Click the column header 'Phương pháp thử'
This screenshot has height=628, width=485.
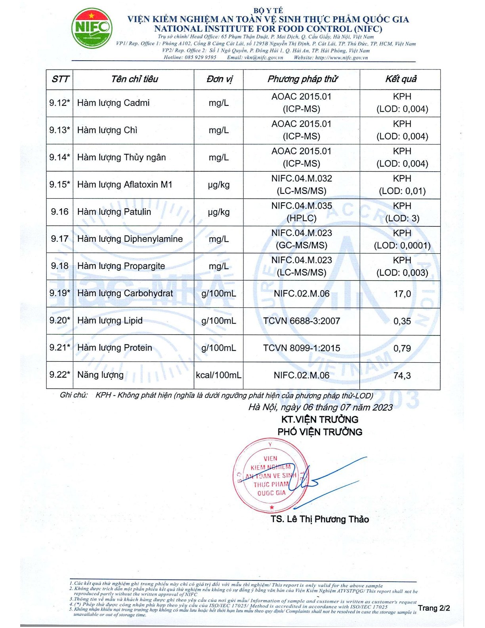coord(302,79)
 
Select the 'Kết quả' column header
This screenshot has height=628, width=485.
coord(401,79)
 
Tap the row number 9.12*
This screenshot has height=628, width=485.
coord(59,103)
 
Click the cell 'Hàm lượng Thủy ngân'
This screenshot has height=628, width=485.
coord(121,157)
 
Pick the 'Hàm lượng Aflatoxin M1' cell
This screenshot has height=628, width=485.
coord(124,185)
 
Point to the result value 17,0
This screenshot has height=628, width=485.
coord(402,294)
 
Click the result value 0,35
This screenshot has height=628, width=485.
coord(402,321)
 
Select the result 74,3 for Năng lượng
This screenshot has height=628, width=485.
coord(402,375)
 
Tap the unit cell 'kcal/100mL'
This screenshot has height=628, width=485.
coord(218,375)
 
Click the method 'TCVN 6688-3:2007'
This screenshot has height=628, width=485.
coord(302,321)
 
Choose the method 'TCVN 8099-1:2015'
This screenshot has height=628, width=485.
coord(302,348)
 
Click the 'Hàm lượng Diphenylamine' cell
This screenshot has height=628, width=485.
coord(130,239)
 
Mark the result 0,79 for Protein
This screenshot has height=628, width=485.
coord(402,348)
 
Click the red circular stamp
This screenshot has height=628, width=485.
coord(271,476)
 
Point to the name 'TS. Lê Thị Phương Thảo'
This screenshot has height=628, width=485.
coord(320,519)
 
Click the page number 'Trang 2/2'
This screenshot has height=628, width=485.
coord(434,608)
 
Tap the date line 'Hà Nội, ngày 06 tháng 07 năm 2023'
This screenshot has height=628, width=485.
coord(320,408)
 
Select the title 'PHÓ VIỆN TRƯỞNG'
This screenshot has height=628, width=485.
coord(320,432)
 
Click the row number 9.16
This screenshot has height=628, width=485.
coord(59,212)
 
